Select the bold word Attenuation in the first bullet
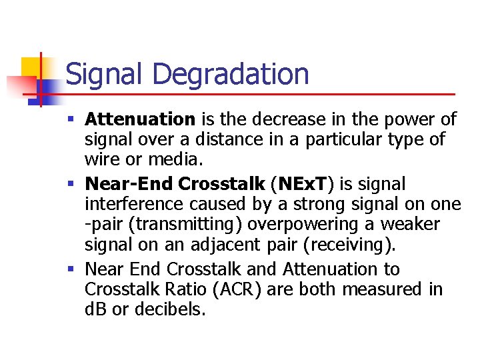click(140, 119)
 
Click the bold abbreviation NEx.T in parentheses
click(307, 183)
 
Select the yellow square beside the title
click(31, 67)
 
